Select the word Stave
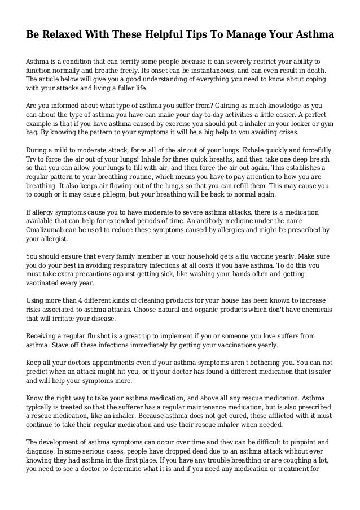click(x=64, y=347)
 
